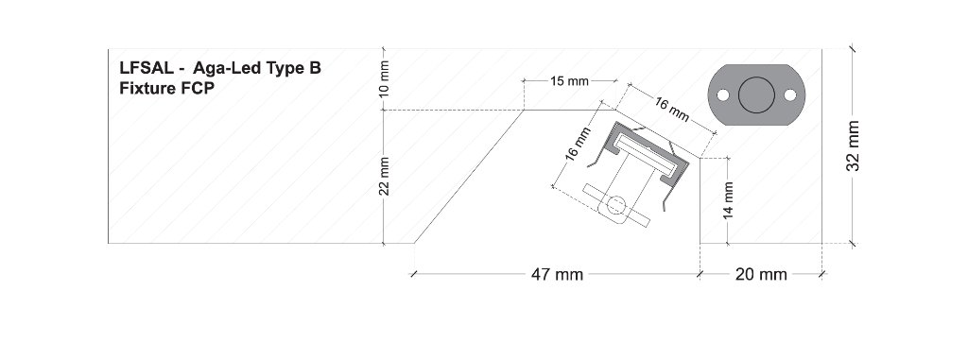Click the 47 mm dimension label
pos(557,274)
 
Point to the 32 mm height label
pos(853,146)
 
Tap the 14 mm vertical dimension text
pos(729,200)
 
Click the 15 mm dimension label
pos(568,81)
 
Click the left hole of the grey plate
pos(722,95)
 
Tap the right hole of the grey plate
pos(790,95)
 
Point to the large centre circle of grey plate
pos(756,95)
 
